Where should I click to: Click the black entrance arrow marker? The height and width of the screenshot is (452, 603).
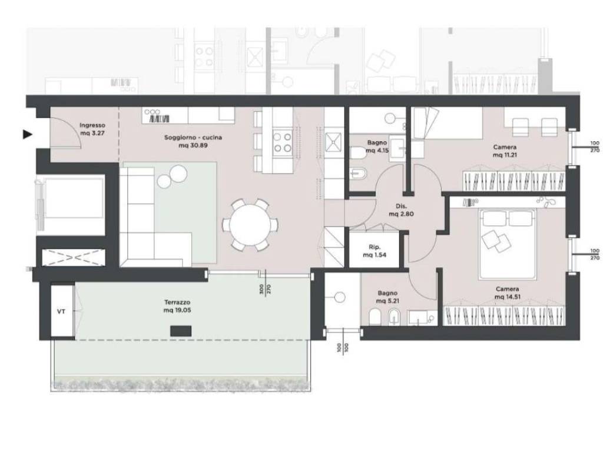click(27, 134)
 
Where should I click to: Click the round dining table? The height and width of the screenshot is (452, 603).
click(250, 225)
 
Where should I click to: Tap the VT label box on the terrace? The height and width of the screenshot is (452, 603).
click(61, 311)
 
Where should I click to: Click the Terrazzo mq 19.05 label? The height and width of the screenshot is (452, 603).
click(177, 306)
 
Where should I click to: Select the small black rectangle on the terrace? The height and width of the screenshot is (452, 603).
click(181, 331)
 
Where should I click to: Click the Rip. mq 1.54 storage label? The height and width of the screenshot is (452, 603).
click(375, 251)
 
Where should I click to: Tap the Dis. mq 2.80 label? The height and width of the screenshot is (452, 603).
click(401, 210)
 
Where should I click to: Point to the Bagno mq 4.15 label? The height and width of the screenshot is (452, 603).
click(377, 147)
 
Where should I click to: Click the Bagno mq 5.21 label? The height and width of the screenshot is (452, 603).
click(387, 297)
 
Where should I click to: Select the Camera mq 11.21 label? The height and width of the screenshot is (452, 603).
click(505, 151)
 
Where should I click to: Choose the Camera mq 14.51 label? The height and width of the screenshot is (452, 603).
click(508, 293)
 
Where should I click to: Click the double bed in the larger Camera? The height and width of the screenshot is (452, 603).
click(508, 244)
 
